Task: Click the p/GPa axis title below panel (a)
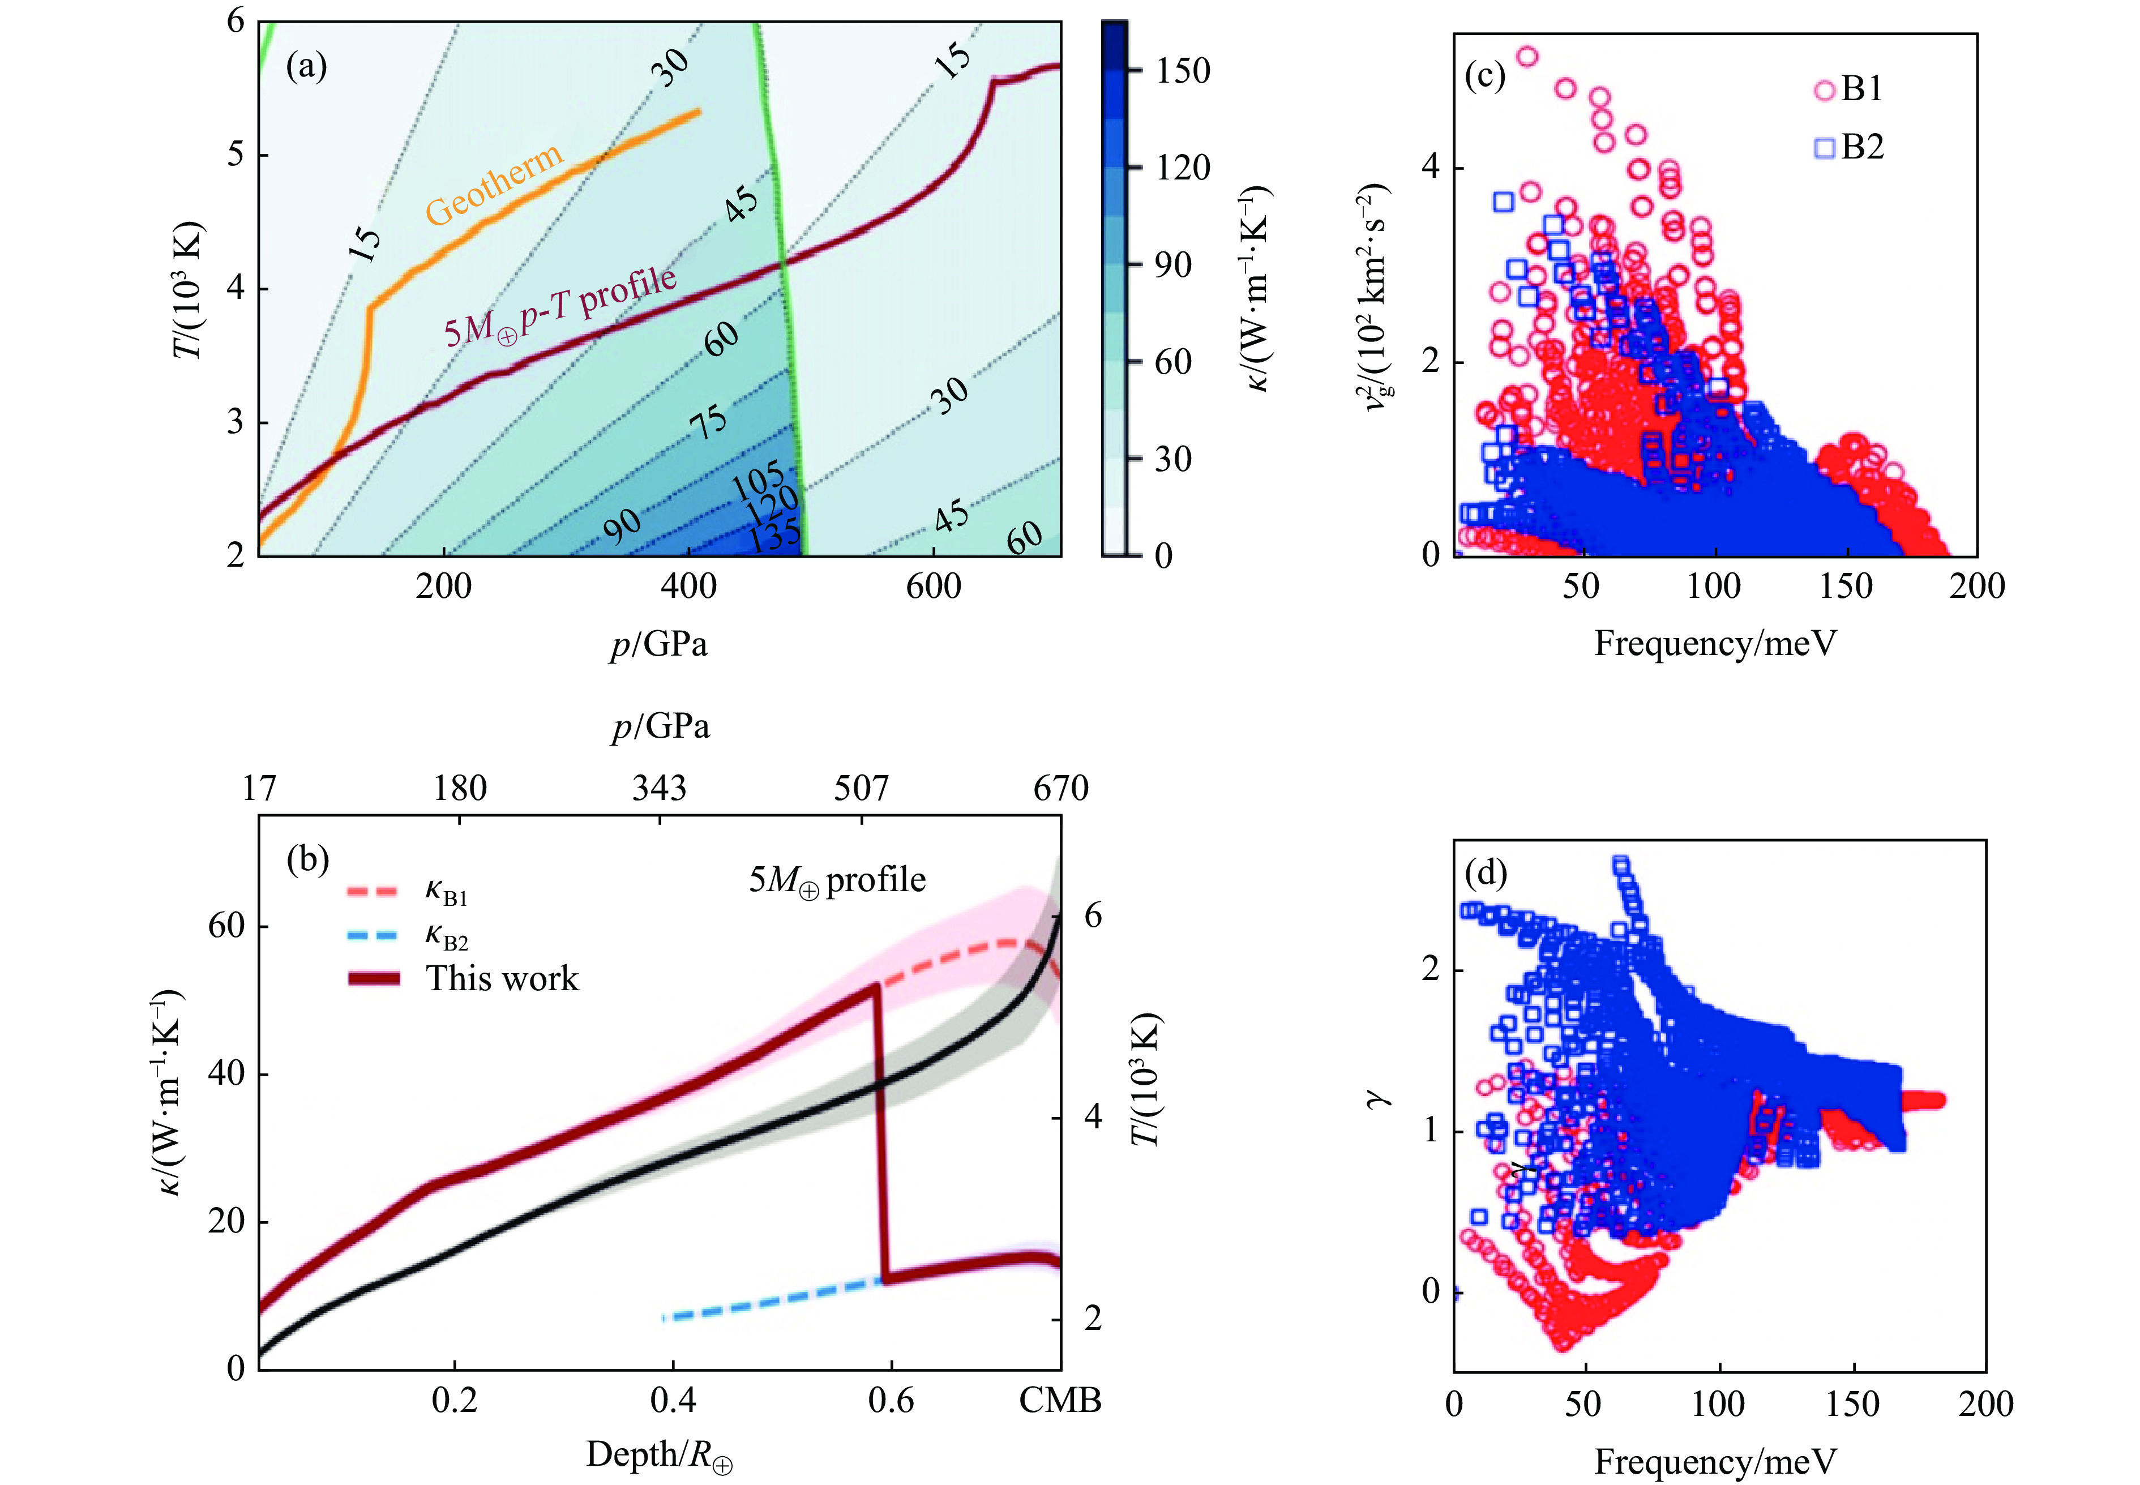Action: click(659, 643)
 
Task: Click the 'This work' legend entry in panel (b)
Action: click(502, 979)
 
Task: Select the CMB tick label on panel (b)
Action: click(1060, 1400)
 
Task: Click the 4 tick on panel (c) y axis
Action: click(1430, 168)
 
